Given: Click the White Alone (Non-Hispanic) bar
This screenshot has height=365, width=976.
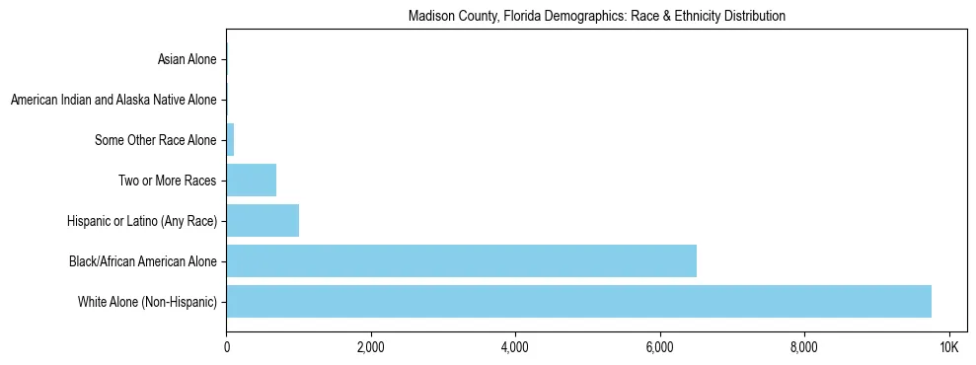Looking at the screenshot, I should pyautogui.click(x=578, y=301).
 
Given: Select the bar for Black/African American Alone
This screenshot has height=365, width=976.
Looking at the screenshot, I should pyautogui.click(x=461, y=260).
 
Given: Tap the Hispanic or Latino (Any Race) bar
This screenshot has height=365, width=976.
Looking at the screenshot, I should pyautogui.click(x=263, y=221).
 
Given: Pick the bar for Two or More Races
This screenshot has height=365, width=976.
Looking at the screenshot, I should pyautogui.click(x=251, y=181).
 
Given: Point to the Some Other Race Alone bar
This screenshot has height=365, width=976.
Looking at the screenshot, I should pyautogui.click(x=230, y=140).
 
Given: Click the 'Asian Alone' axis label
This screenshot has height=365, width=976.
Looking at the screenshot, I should pyautogui.click(x=187, y=60).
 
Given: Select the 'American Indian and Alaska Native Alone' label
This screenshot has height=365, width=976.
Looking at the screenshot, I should pyautogui.click(x=113, y=101).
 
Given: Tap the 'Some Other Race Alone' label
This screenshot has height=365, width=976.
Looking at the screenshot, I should pyautogui.click(x=155, y=141).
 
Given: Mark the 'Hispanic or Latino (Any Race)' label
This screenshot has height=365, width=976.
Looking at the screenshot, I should pyautogui.click(x=142, y=221).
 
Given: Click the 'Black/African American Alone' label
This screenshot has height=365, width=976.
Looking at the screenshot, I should pyautogui.click(x=143, y=261).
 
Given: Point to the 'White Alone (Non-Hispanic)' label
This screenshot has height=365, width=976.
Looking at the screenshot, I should pyautogui.click(x=147, y=302).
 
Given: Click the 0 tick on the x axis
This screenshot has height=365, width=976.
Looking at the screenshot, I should pyautogui.click(x=226, y=347).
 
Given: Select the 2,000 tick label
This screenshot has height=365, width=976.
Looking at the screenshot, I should pyautogui.click(x=371, y=347).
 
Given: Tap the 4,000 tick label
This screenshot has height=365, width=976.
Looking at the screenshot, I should pyautogui.click(x=515, y=347).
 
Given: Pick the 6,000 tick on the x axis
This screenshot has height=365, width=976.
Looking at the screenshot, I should pyautogui.click(x=659, y=347).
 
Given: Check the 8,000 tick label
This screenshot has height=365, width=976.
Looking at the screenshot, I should pyautogui.click(x=803, y=347).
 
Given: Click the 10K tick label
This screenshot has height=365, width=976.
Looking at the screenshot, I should pyautogui.click(x=948, y=347).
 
